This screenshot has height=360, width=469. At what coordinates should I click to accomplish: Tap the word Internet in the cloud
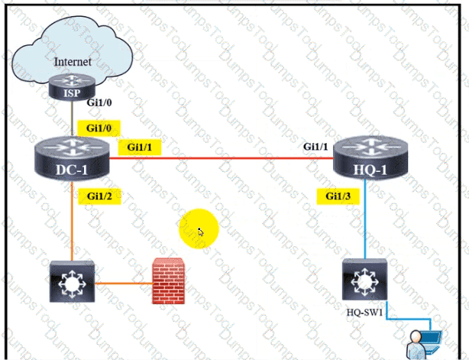[x=73, y=60]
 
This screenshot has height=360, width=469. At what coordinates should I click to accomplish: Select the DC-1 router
[x=72, y=156]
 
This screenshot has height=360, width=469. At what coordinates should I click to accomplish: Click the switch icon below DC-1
[x=71, y=281]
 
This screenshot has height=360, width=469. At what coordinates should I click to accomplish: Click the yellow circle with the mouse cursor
[x=199, y=228]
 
